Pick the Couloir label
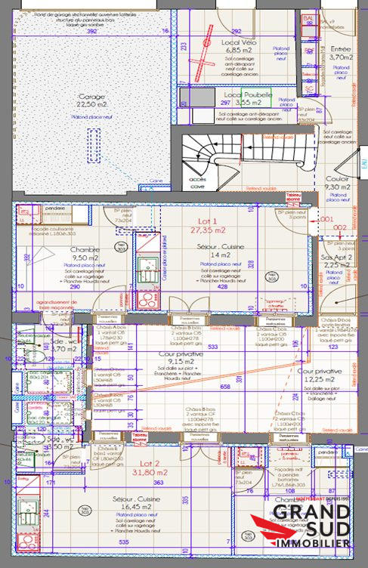pos(337,179)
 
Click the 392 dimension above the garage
pos(92,32)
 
